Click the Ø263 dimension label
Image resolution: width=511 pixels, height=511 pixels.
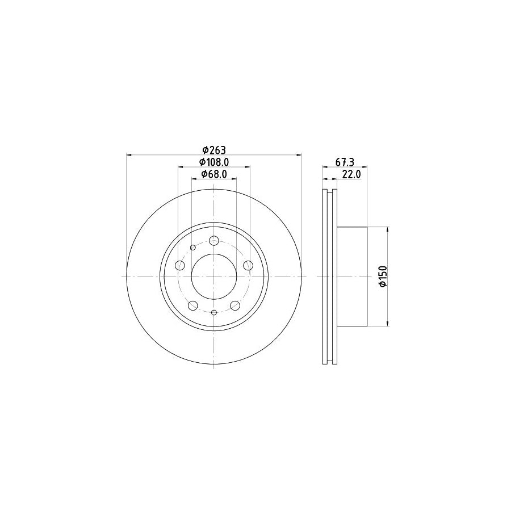pyautogui.click(x=214, y=150)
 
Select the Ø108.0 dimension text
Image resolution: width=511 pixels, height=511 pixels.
pyautogui.click(x=214, y=162)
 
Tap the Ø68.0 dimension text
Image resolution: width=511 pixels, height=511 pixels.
pyautogui.click(x=214, y=175)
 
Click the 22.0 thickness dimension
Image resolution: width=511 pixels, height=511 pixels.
pyautogui.click(x=351, y=175)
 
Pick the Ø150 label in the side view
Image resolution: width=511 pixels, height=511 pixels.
pyautogui.click(x=383, y=277)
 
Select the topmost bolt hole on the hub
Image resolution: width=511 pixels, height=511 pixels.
pyautogui.click(x=214, y=241)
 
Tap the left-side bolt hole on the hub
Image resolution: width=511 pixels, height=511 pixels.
pyautogui.click(x=181, y=265)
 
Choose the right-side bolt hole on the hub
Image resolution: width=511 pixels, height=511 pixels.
pyautogui.click(x=248, y=265)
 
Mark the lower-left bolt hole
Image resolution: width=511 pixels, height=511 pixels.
pyautogui.click(x=193, y=305)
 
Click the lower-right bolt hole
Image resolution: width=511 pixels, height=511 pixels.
pyautogui.click(x=234, y=305)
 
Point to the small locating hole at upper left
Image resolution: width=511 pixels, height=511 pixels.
pyautogui.click(x=193, y=248)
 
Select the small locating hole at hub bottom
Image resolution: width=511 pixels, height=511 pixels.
pyautogui.click(x=214, y=312)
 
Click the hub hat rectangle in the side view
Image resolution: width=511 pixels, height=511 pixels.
pyautogui.click(x=352, y=277)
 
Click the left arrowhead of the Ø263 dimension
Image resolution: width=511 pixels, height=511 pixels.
pyautogui.click(x=129, y=155)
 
